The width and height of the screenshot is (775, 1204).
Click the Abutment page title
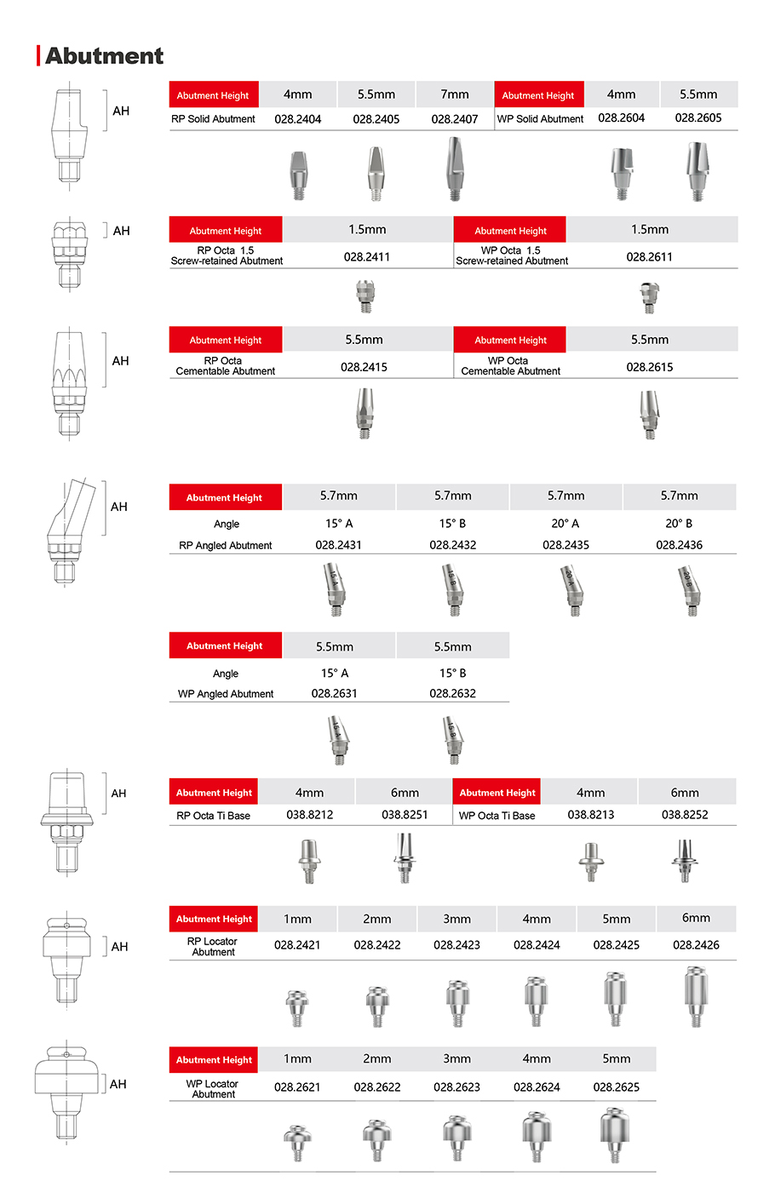(104, 56)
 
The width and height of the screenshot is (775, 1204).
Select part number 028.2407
(455, 119)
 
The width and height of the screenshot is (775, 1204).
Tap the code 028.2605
(698, 118)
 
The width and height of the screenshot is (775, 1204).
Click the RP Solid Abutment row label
(213, 119)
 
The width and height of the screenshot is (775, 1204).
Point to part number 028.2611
(650, 256)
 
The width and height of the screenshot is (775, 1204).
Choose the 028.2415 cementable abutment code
(364, 367)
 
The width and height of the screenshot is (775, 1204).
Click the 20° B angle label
(679, 524)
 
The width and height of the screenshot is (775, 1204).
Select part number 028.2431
(338, 545)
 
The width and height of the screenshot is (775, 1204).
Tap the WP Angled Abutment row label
(226, 694)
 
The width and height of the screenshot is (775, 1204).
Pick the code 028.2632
(452, 693)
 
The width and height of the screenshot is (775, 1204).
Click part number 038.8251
(405, 815)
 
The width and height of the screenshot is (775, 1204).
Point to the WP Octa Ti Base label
(497, 816)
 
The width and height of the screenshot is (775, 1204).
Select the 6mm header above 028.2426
(696, 918)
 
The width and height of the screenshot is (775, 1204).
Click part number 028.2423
(456, 944)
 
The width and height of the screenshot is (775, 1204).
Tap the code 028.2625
(616, 1086)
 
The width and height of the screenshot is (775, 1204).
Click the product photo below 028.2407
(455, 169)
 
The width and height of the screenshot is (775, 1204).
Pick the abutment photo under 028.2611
(650, 297)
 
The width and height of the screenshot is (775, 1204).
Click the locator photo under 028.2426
(696, 995)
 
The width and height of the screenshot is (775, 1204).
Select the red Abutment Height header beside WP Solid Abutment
(538, 95)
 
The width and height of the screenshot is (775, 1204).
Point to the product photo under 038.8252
(683, 860)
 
